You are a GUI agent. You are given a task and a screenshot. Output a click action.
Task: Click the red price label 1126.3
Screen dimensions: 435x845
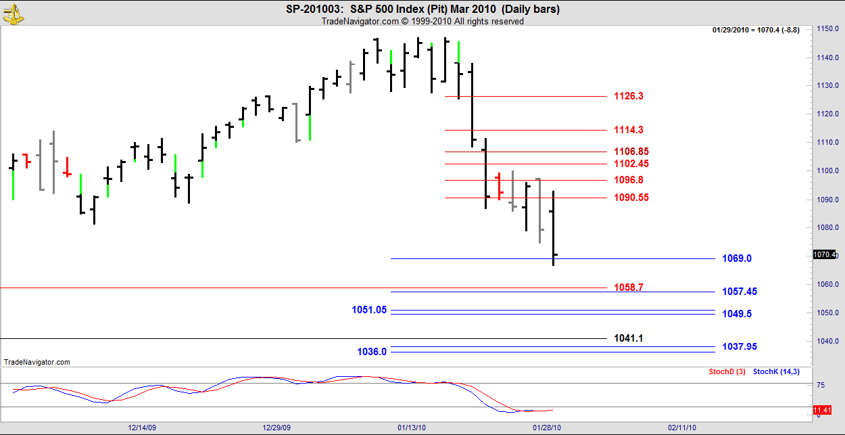tap(628, 96)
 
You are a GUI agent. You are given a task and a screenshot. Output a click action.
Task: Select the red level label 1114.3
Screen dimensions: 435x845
tap(628, 130)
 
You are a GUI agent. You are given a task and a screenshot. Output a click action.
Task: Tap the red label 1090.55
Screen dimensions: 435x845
tap(631, 198)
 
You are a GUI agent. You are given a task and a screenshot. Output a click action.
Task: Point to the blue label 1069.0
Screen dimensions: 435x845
tap(737, 258)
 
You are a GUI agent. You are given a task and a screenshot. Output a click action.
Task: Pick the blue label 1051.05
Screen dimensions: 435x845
tap(369, 310)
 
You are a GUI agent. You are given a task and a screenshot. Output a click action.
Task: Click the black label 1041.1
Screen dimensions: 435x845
tap(628, 338)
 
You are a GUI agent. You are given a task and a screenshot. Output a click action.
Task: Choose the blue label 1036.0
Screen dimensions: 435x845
tap(372, 352)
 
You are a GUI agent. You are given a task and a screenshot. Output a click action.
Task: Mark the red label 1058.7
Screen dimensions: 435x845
tap(628, 288)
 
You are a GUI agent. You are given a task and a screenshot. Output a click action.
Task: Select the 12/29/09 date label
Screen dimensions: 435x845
tap(276, 428)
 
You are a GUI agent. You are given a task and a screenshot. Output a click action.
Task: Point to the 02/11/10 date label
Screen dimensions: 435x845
tap(681, 428)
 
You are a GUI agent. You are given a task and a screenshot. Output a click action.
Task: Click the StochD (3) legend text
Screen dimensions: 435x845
tap(727, 371)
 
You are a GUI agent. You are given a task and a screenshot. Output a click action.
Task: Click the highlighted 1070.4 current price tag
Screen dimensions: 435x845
tap(825, 255)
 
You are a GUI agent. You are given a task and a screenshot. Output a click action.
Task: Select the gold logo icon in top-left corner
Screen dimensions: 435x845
tap(14, 14)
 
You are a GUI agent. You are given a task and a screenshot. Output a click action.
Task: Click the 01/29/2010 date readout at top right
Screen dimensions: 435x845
tap(756, 30)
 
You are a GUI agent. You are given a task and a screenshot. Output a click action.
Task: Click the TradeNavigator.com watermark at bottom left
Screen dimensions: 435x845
tap(37, 362)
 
